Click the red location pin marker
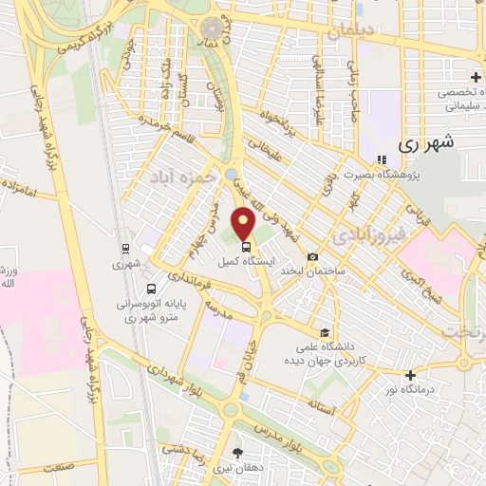point(244,224)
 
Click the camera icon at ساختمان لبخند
point(312,256)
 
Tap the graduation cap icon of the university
point(326,332)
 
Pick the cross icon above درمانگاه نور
point(409,376)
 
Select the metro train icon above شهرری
point(125,250)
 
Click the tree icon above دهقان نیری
point(236,453)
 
